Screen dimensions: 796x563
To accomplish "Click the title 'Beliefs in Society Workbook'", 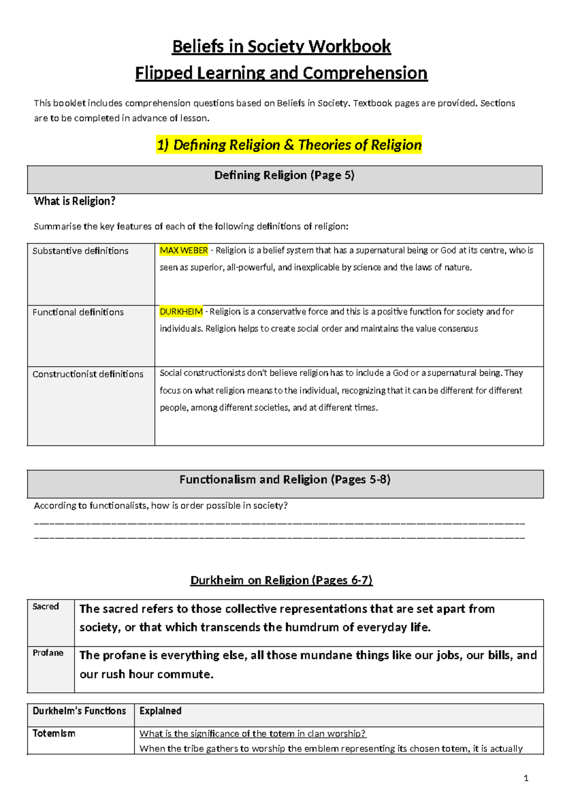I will click(x=281, y=46).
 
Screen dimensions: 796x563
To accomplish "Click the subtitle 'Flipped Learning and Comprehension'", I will click(x=281, y=73).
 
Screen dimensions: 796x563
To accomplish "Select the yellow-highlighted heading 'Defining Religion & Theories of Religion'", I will click(x=289, y=145).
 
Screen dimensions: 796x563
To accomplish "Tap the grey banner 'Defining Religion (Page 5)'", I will click(x=284, y=176).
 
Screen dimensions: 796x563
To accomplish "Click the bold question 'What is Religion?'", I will click(x=75, y=201).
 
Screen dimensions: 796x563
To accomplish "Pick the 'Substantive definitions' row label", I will click(x=80, y=251).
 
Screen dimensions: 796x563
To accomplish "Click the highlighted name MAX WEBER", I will click(x=183, y=251).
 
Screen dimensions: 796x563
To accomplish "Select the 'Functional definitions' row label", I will click(x=78, y=312).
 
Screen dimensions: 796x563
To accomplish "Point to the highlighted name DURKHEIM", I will click(x=181, y=312).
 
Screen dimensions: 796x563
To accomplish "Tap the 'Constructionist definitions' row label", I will click(x=88, y=374).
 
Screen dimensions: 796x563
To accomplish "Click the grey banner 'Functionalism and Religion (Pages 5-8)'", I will click(x=285, y=480).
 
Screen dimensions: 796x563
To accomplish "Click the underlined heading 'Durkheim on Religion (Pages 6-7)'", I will click(x=281, y=580).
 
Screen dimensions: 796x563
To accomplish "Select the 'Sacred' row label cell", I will click(x=46, y=606).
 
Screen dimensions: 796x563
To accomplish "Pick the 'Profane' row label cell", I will click(x=48, y=653).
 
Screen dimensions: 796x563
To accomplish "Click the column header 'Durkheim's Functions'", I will click(x=79, y=711).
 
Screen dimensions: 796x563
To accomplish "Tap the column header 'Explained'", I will click(x=160, y=711).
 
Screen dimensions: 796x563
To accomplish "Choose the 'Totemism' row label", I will click(x=53, y=734).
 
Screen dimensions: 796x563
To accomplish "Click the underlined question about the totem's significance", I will click(x=252, y=734).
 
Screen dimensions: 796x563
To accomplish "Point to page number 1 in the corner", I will click(x=526, y=778).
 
